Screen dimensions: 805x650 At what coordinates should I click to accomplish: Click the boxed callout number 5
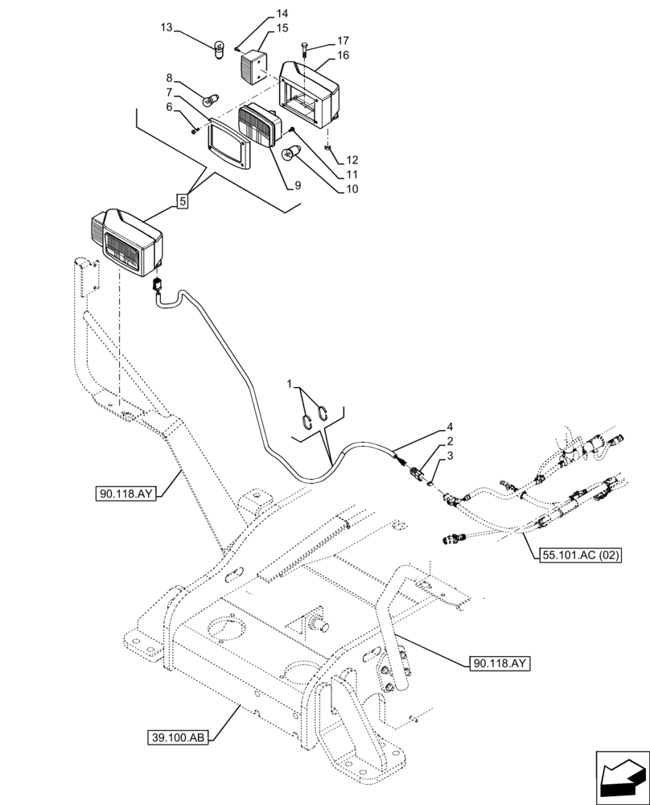click(x=183, y=202)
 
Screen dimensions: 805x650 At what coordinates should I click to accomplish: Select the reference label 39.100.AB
click(x=179, y=737)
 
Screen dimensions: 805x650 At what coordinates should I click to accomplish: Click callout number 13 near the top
click(x=167, y=27)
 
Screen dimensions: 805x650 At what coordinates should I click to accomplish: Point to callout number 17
click(x=343, y=40)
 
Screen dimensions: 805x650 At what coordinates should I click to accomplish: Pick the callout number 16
click(x=343, y=56)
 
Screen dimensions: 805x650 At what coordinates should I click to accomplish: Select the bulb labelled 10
click(x=289, y=154)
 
